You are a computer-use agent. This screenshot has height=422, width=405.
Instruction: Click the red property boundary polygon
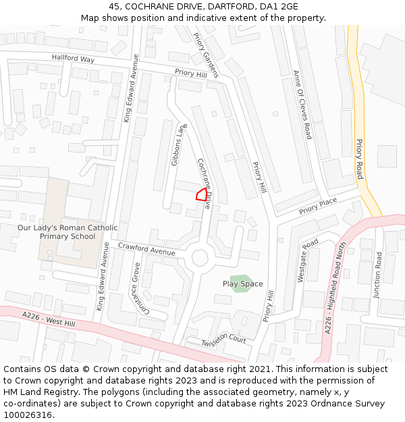point(201,195)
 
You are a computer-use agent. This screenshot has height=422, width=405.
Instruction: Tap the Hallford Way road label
point(73,59)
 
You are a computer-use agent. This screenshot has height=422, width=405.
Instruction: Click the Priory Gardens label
point(206,55)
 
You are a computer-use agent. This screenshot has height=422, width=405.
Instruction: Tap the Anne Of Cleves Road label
point(302,105)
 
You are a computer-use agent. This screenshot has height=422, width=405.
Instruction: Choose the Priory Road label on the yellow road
point(360,159)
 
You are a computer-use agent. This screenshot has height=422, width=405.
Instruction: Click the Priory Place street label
point(318,206)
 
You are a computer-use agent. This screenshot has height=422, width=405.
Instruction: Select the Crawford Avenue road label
point(146,249)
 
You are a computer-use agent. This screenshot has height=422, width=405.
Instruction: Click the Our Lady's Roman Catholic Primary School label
point(67,232)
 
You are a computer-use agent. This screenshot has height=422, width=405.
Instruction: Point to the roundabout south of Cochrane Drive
point(200,258)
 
